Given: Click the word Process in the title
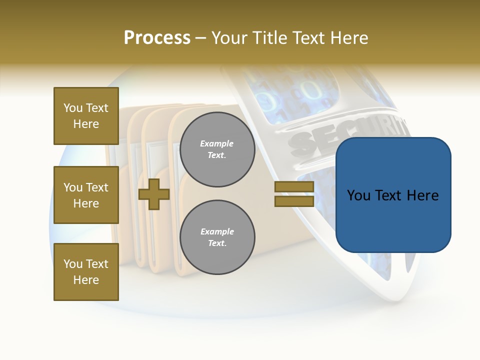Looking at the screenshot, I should (157, 38).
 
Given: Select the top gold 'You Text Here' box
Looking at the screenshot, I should (86, 116).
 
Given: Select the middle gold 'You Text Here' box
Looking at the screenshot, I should (86, 195).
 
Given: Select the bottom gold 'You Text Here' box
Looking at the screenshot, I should (86, 272).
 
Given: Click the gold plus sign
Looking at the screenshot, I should (154, 194).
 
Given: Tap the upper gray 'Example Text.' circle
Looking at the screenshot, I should (217, 149).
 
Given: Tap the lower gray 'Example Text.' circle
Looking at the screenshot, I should (217, 237).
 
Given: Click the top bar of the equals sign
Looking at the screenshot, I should (294, 187).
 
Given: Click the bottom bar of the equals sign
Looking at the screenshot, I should (294, 201).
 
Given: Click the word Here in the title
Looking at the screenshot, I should (349, 38).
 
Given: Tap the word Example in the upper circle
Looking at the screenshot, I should (216, 143).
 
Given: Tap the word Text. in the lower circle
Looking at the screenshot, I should (217, 243).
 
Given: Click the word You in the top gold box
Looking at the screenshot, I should (73, 108).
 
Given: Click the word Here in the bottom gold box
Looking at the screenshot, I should (86, 280).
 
